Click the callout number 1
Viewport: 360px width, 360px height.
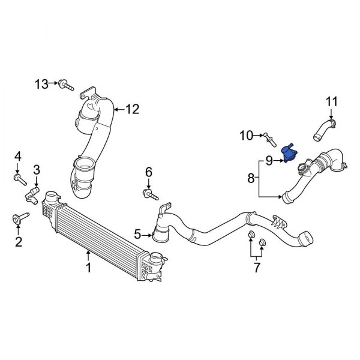click(x=88, y=268)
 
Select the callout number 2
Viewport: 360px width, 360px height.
click(x=18, y=242)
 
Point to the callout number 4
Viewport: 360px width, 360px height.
click(x=17, y=158)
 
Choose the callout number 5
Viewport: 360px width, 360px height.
click(x=137, y=233)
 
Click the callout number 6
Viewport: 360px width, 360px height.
click(x=149, y=173)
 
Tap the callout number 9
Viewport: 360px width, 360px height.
click(x=269, y=160)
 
